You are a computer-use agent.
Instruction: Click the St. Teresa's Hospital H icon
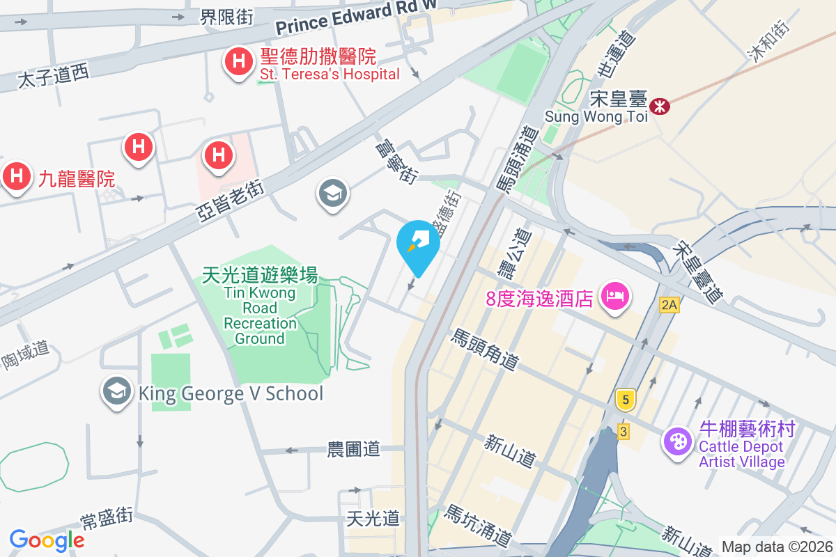[x=238, y=62]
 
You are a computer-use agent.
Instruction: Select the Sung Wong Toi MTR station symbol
[x=658, y=106]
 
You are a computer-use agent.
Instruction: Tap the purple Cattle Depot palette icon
[x=676, y=441]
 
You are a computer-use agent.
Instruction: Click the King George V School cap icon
[x=117, y=392]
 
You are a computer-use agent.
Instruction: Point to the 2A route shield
[x=669, y=304]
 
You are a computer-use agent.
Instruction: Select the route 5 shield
[x=626, y=400]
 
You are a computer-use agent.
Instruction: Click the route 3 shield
[x=623, y=432]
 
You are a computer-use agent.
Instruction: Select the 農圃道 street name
[x=354, y=449]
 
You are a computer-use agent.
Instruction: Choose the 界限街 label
[x=217, y=17]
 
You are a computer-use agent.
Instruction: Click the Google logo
[x=47, y=540]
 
